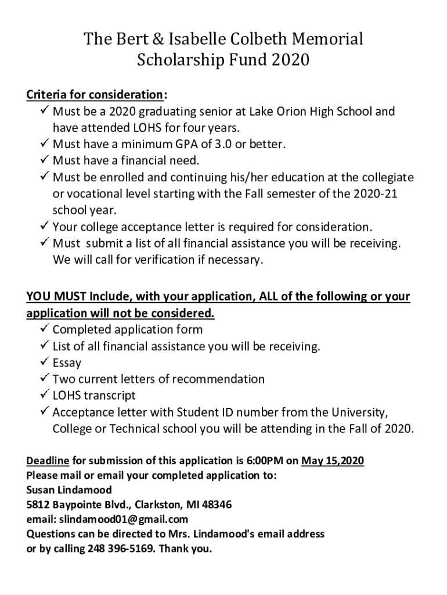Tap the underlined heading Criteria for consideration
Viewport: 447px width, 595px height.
(x=95, y=94)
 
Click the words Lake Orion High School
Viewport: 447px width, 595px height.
(x=319, y=111)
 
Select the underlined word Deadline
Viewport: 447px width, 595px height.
(x=48, y=461)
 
